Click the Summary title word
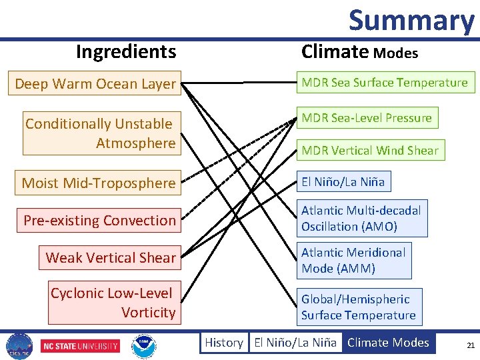coord(411,20)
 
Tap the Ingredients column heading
coord(126,51)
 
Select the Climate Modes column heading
coord(359,52)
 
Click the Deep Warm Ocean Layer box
coord(95,84)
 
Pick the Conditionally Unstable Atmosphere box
coord(100,133)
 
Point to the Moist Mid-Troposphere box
coord(98,183)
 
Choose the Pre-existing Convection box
coord(99,220)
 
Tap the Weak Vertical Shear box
coord(111,257)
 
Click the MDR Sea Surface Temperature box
coord(385,83)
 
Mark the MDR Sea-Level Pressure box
coord(367,118)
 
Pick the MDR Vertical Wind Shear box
coord(370,150)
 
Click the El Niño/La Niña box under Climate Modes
coord(343,181)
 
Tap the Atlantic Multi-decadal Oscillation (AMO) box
coord(361,219)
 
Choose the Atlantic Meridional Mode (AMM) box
coord(353,260)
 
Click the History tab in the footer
coord(223,343)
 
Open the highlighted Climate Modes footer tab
coord(388,343)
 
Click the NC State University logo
coord(81,346)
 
